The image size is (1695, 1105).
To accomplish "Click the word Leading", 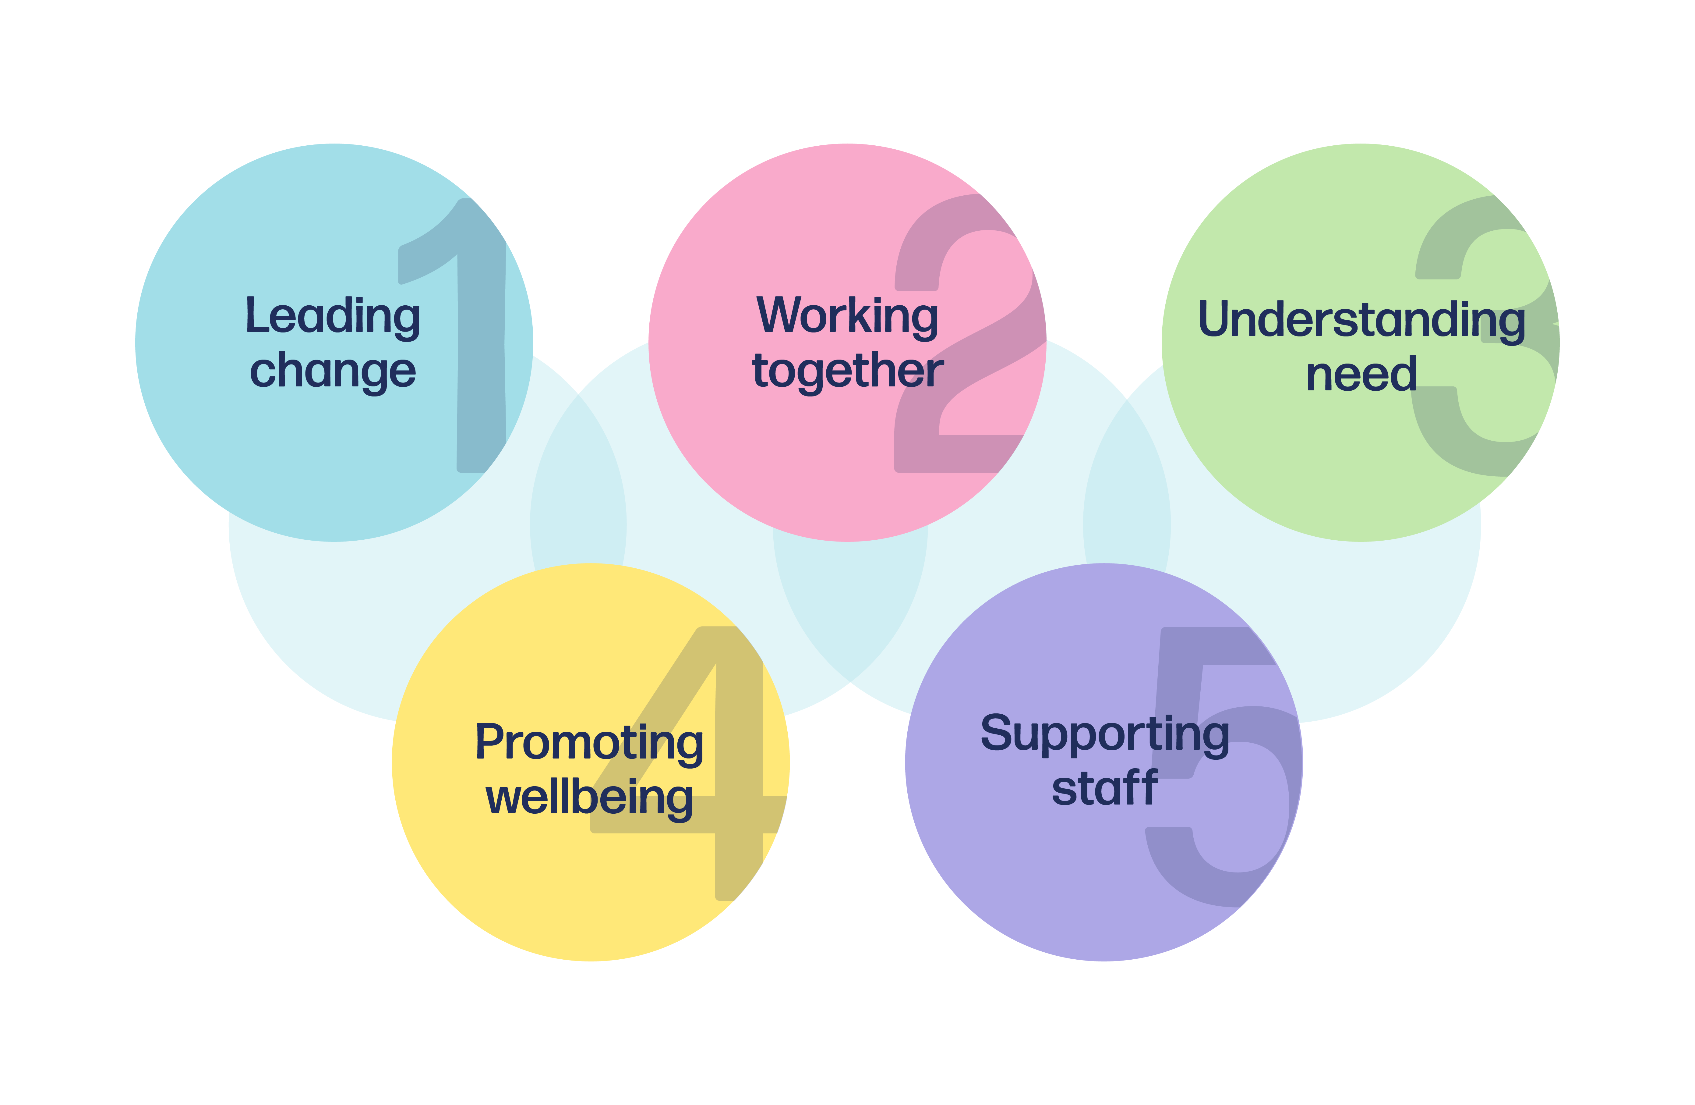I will [x=333, y=316].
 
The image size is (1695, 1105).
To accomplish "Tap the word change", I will [x=333, y=371].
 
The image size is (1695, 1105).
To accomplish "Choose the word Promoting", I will [x=590, y=743].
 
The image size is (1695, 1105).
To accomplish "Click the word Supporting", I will [x=1104, y=734].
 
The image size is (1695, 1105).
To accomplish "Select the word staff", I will [x=1104, y=788].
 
